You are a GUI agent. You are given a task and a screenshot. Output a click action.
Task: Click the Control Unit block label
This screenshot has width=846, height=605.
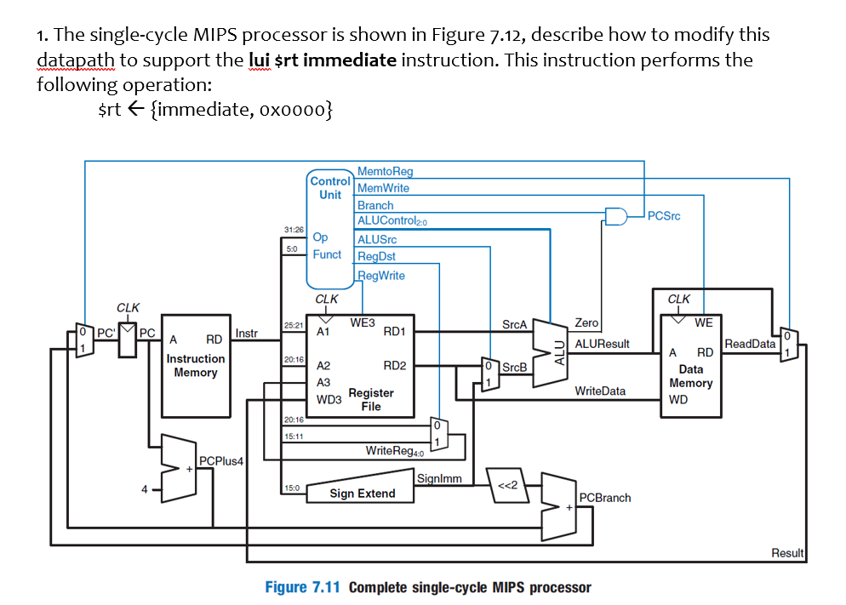(330, 188)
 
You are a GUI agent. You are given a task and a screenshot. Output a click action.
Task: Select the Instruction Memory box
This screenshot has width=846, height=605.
(196, 366)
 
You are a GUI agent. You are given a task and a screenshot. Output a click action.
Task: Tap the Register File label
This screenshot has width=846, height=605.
(371, 399)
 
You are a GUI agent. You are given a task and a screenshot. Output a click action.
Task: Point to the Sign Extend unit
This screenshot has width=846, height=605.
(363, 494)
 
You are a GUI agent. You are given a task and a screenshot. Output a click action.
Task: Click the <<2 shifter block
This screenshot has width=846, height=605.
(506, 488)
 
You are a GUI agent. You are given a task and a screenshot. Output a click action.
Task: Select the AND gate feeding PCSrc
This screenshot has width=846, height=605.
(615, 215)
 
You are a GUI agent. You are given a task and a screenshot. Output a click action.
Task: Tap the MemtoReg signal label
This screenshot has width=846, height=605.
(385, 172)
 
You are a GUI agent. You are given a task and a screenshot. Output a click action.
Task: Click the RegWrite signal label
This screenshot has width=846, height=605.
(380, 275)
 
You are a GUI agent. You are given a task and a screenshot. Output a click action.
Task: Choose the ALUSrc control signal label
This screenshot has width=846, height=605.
(377, 240)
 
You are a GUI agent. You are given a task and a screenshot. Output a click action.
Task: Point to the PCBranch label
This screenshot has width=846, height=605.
(605, 497)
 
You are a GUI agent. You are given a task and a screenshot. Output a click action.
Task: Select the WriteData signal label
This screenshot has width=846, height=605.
(600, 391)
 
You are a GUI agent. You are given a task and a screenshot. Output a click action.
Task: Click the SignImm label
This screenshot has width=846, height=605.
(439, 478)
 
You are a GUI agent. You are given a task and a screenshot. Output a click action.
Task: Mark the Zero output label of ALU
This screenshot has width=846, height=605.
(586, 323)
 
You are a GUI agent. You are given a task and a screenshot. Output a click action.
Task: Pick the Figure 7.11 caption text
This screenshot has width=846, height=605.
(427, 587)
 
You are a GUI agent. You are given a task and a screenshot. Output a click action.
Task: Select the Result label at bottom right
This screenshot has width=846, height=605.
(786, 553)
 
